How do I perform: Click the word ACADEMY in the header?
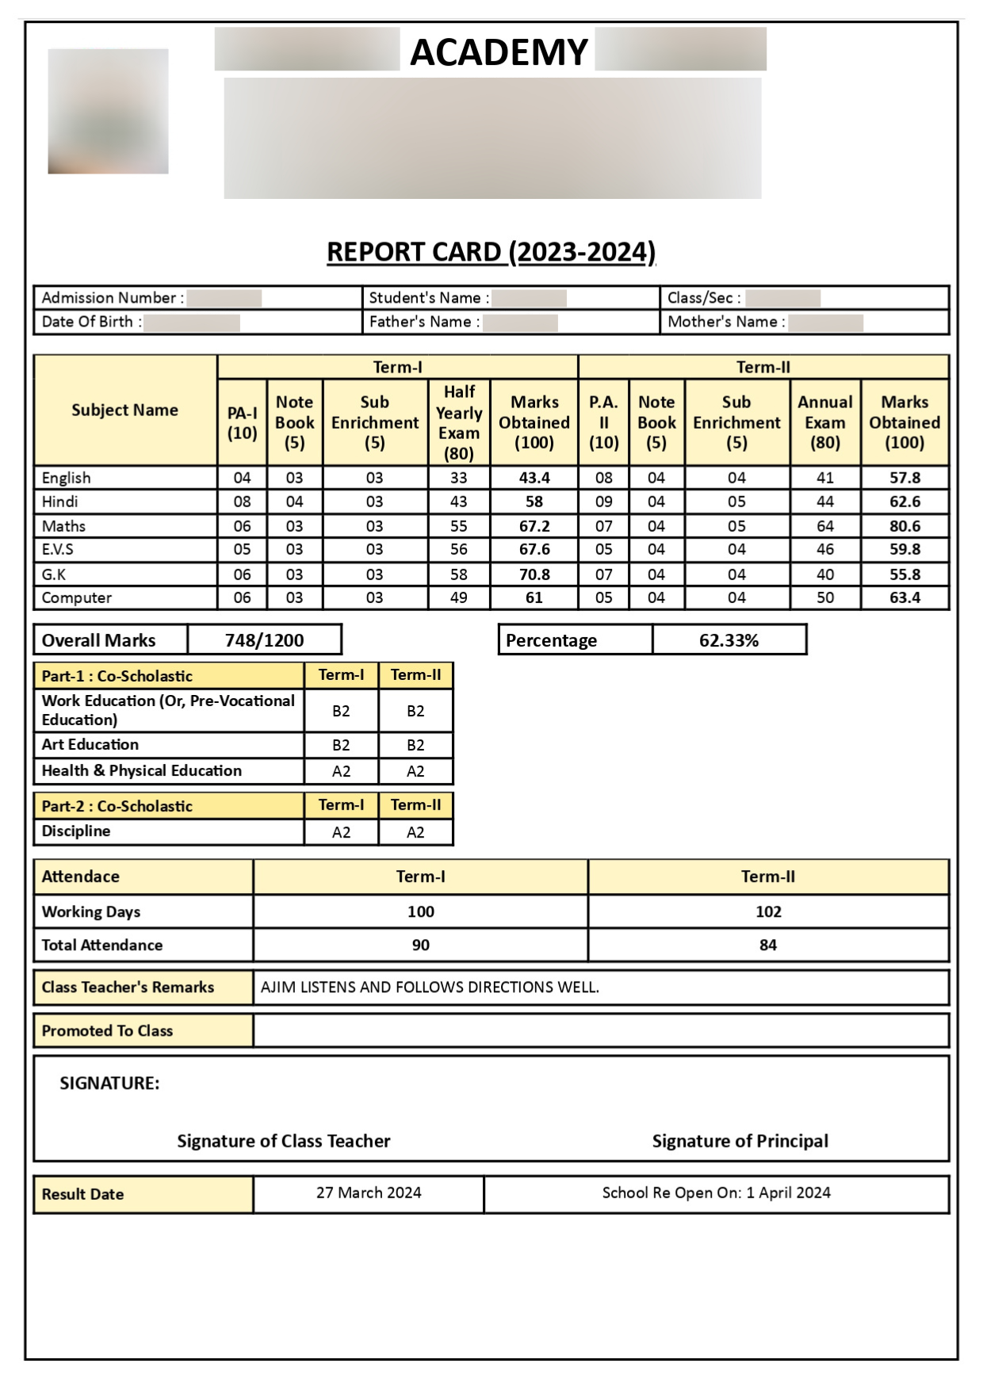coord(499,52)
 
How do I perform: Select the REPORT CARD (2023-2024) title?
coord(491,252)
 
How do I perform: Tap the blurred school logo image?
coord(108,111)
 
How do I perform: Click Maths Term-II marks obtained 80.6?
coord(905,526)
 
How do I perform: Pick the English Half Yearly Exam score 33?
coord(458,478)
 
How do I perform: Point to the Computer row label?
coord(77,598)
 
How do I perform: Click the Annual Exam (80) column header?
coord(824,422)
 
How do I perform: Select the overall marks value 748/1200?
coord(264,640)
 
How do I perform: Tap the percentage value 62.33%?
coord(729,640)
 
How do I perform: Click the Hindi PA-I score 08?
coord(242,502)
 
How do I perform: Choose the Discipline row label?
coord(76,831)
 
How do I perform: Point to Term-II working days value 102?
coord(767,911)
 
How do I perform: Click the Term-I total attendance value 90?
coord(420,945)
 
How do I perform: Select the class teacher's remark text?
coord(430,987)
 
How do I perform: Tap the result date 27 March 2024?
coord(369,1193)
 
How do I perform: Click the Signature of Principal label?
coord(740,1141)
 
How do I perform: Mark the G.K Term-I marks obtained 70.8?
coord(534,575)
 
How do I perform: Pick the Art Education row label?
coord(90,745)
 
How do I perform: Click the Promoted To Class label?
coord(107,1031)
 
